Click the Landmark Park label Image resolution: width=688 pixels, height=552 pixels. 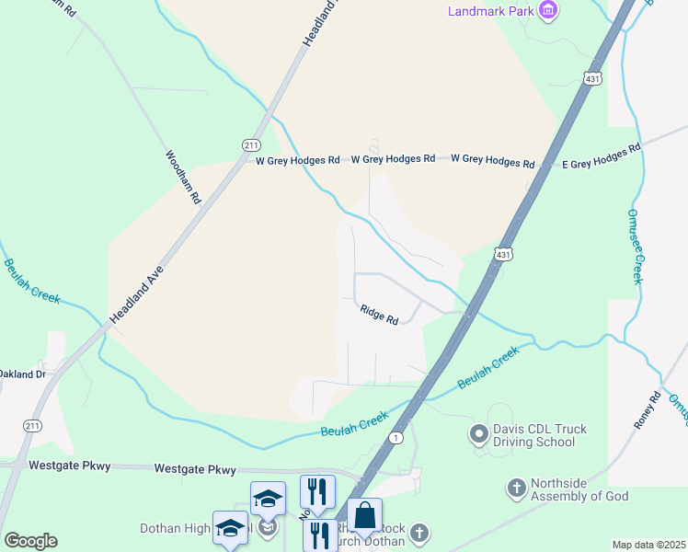(490, 11)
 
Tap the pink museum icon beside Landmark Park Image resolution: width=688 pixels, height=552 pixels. (549, 11)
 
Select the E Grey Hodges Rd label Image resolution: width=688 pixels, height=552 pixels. (602, 157)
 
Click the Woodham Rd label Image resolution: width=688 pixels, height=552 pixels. (183, 177)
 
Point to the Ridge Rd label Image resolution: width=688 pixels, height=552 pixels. (379, 315)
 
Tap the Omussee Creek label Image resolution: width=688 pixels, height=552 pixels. (636, 244)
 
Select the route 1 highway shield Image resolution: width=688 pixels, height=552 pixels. (395, 437)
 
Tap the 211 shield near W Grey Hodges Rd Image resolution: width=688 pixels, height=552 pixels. (251, 145)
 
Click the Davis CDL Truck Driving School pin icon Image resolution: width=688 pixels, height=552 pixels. (478, 432)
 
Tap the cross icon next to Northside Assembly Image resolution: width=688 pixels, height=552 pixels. (517, 485)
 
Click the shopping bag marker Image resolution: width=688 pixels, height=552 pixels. (364, 516)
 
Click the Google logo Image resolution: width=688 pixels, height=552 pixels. (30, 541)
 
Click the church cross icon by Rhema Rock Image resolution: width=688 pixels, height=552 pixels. (419, 533)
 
